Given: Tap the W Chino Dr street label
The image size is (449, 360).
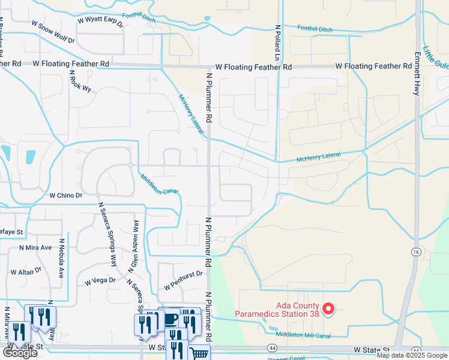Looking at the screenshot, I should pyautogui.click(x=65, y=196).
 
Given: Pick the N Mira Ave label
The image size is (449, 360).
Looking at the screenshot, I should pyautogui.click(x=35, y=247).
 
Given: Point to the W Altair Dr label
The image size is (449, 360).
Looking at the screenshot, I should pyautogui.click(x=26, y=271).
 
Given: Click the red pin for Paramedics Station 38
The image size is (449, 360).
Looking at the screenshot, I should pyautogui.click(x=328, y=308).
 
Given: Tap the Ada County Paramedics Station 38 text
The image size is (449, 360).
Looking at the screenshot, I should pyautogui.click(x=277, y=309).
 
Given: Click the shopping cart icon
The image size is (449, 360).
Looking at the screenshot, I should pyautogui.click(x=199, y=353).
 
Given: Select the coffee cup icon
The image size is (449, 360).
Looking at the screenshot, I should pyautogui.click(x=170, y=318).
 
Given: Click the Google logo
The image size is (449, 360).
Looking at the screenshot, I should pyautogui.click(x=20, y=353).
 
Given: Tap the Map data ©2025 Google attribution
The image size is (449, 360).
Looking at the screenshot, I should pyautogui.click(x=412, y=355).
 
